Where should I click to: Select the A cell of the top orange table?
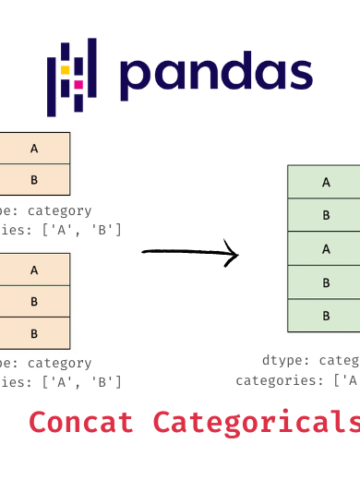(x=34, y=149)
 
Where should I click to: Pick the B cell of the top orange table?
(x=34, y=180)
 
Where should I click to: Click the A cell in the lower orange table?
(x=34, y=269)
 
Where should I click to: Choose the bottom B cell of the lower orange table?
(x=34, y=332)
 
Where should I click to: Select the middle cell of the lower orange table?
(x=34, y=301)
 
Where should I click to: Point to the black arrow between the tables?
(x=190, y=253)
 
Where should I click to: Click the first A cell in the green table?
(x=326, y=182)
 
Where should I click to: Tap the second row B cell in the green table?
(x=326, y=215)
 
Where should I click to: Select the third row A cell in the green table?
(x=326, y=249)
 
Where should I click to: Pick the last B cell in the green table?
(x=326, y=316)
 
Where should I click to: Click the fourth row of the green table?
(x=326, y=283)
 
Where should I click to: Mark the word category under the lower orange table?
(x=58, y=363)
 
